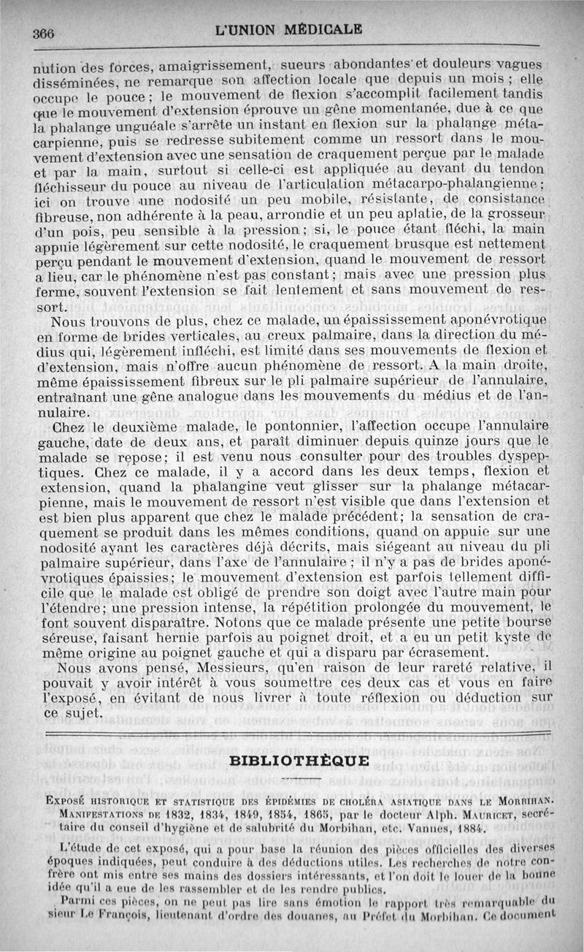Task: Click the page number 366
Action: pos(44,31)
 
